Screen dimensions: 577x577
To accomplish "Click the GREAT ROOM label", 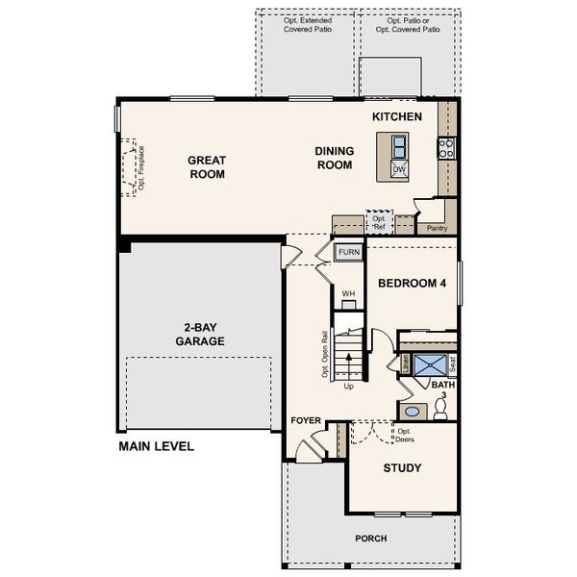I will tap(207, 167).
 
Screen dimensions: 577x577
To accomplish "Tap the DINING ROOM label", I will tap(334, 158).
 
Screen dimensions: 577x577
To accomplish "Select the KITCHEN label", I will tap(397, 116).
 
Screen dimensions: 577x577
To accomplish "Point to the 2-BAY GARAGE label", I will tap(200, 334).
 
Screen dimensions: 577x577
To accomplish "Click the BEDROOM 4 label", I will tap(413, 284).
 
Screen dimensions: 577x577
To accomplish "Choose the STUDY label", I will tap(402, 468).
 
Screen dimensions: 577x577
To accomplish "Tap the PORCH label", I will tap(370, 539).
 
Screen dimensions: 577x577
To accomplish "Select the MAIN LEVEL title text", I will tap(156, 446).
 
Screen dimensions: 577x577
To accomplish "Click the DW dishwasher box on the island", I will tap(398, 170).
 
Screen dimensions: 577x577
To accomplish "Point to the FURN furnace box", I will tap(348, 252).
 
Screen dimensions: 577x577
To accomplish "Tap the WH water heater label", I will tap(348, 293).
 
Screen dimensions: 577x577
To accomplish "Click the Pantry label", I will tap(438, 228).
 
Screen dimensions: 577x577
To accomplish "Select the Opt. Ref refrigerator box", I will tap(379, 222).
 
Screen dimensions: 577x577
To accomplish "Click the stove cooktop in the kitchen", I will tap(446, 147).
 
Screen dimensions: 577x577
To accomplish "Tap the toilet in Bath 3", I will tap(441, 410).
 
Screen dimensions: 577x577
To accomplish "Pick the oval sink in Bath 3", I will tap(412, 411).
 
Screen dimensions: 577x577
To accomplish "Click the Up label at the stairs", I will tap(348, 387).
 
